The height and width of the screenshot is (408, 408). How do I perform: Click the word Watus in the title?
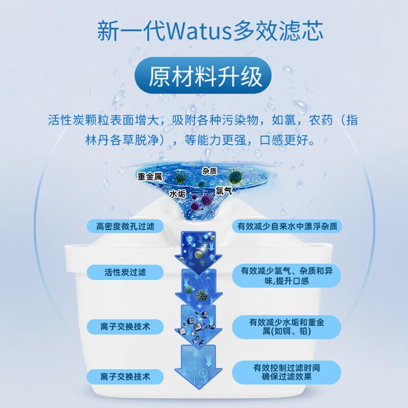point(199,31)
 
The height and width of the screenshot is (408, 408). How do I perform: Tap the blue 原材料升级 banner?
point(203,75)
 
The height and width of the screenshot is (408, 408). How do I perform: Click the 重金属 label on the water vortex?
point(149,176)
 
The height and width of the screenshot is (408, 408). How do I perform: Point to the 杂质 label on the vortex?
point(210,171)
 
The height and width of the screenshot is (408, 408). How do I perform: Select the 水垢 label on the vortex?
point(177,194)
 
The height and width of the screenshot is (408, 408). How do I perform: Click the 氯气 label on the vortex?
point(223,191)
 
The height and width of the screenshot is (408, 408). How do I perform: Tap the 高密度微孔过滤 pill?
point(125,226)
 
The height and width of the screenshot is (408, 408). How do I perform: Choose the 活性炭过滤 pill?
point(125,272)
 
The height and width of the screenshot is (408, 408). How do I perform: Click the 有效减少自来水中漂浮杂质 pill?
point(287,226)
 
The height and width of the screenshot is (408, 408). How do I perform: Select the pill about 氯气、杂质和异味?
point(287,275)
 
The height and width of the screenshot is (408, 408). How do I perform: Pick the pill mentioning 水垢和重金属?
point(287,327)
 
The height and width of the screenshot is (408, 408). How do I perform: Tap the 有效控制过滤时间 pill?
point(287,372)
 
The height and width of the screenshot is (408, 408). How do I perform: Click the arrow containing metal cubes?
point(198,325)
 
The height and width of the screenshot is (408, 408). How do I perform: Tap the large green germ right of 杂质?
point(236,177)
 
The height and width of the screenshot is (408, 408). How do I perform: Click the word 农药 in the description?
point(321,120)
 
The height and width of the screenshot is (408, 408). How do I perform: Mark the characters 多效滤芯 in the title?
point(278,31)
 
